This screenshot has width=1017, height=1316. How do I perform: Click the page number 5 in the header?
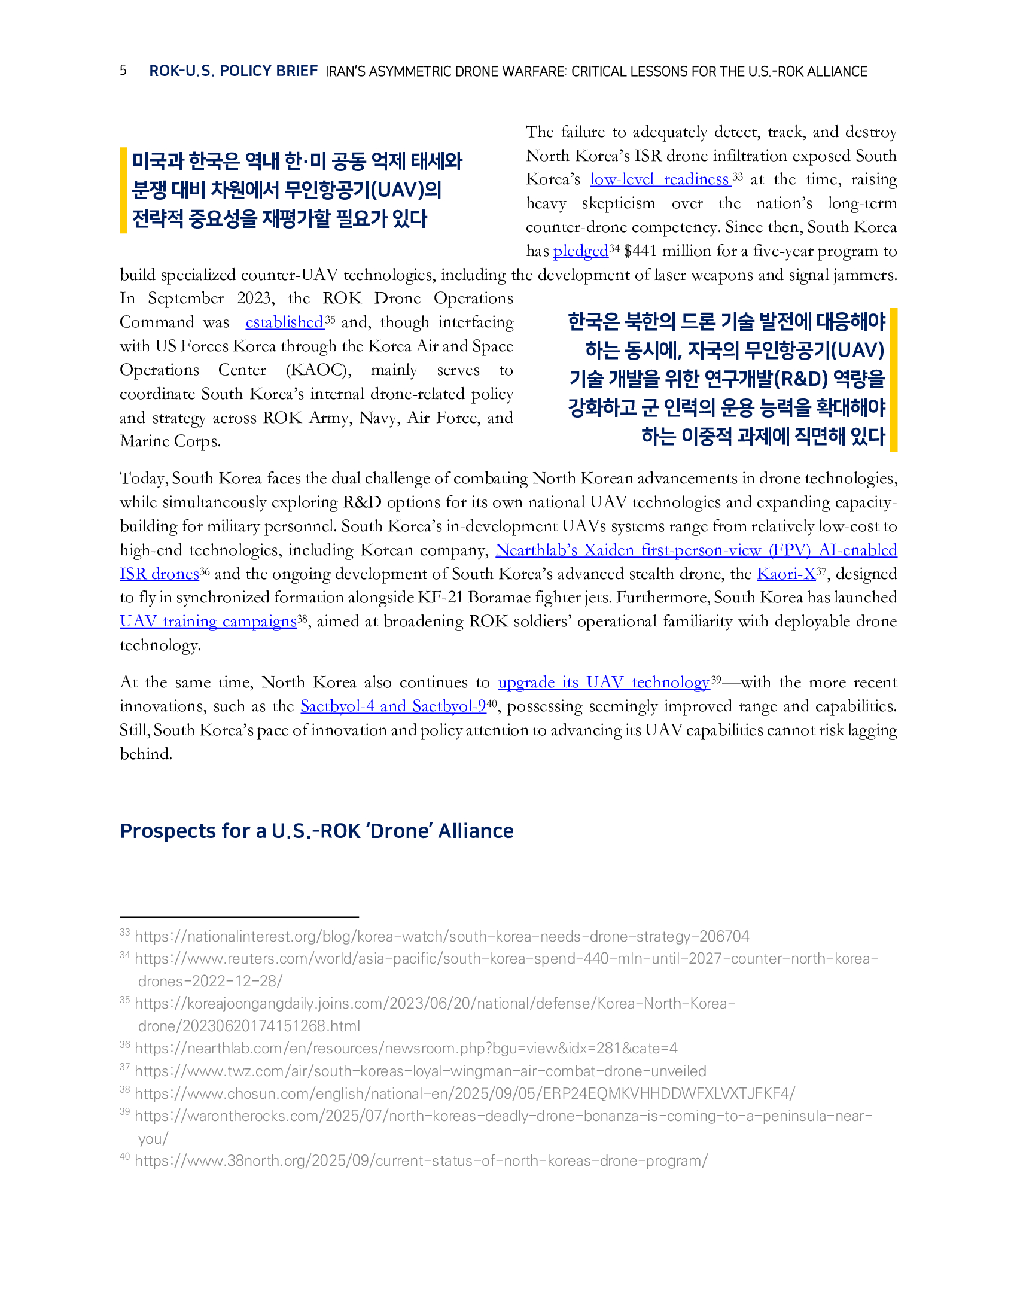123,71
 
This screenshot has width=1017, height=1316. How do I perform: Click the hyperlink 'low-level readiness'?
660,179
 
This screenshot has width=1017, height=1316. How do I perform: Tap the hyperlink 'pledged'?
580,251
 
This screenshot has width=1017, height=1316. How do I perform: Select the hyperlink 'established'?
284,322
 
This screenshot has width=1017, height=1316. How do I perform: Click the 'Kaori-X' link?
785,574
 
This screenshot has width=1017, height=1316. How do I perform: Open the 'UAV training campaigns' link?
208,622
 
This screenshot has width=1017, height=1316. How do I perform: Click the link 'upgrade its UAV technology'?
603,683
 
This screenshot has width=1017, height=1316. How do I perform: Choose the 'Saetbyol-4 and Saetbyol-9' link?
393,706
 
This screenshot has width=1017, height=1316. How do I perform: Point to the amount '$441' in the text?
641,251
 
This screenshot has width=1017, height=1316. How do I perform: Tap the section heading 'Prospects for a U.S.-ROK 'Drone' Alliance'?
316,831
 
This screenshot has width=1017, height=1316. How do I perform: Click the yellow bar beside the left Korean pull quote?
123,190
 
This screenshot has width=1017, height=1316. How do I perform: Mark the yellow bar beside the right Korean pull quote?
894,380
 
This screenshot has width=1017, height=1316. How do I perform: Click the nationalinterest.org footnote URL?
441,936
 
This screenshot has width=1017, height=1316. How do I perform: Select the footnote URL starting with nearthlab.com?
406,1049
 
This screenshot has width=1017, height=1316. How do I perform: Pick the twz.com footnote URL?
420,1071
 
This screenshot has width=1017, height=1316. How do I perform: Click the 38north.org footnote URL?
421,1160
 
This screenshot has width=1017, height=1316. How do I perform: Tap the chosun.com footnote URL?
464,1093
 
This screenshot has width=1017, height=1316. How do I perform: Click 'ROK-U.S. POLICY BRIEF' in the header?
233,71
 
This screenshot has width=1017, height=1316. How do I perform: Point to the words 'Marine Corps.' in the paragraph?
170,441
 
